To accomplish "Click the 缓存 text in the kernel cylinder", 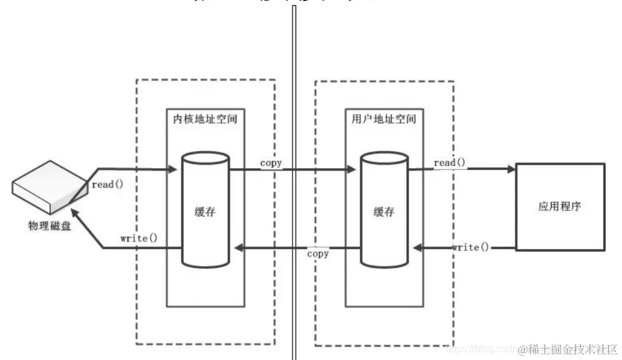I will [205, 211].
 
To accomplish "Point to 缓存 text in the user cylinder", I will [383, 211].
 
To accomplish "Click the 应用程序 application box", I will [559, 206].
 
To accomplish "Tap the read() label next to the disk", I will [108, 184].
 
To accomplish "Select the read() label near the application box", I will [449, 163].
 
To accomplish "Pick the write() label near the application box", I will [469, 247].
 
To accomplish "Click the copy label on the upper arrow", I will [271, 163].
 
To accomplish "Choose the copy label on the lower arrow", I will [318, 253].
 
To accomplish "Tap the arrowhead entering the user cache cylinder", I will [353, 169].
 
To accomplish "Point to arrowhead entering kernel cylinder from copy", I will [237, 248].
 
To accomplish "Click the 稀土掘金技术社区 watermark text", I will [569, 349].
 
